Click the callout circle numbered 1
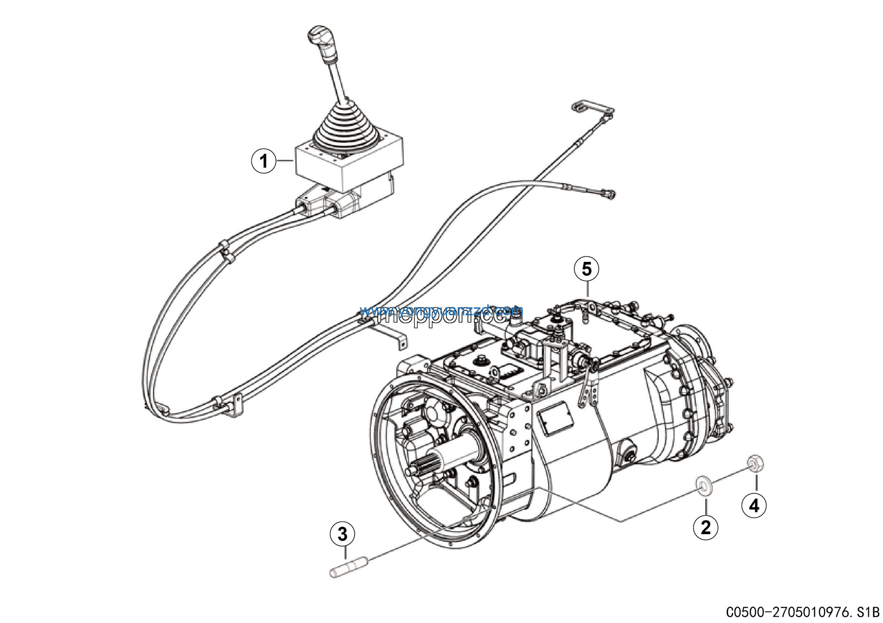pos(264,161)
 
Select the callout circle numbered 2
pos(705,527)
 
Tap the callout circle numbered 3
pos(342,534)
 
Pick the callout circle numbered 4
pos(754,505)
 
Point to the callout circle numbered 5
pos(586,269)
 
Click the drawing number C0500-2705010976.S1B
pos(804,612)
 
